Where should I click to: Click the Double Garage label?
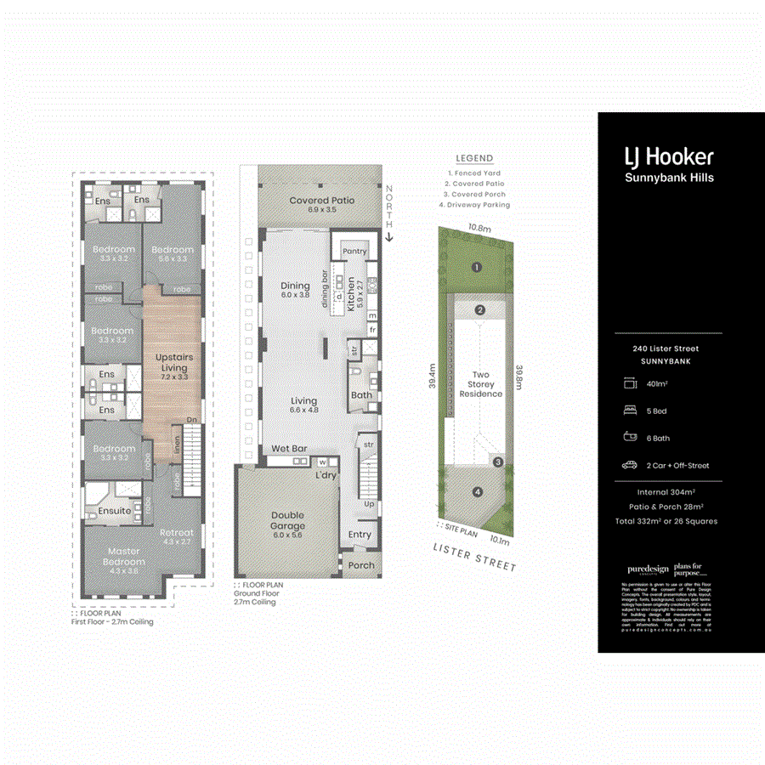[x=288, y=520]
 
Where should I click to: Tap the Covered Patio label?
[x=321, y=205]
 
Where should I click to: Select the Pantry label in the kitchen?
[x=354, y=252]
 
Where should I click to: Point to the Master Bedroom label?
[x=124, y=556]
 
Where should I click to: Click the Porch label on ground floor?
[x=361, y=565]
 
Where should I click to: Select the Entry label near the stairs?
[x=360, y=535]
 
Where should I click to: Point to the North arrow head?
[x=388, y=238]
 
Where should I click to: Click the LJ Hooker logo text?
[x=669, y=156]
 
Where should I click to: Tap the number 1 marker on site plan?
[x=477, y=267]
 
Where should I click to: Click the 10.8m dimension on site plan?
[x=479, y=229]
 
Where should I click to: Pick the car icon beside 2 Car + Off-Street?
[x=630, y=465]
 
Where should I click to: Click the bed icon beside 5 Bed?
[x=630, y=411]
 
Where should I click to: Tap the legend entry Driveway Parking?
[x=473, y=205]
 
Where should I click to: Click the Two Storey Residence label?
[x=481, y=384]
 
